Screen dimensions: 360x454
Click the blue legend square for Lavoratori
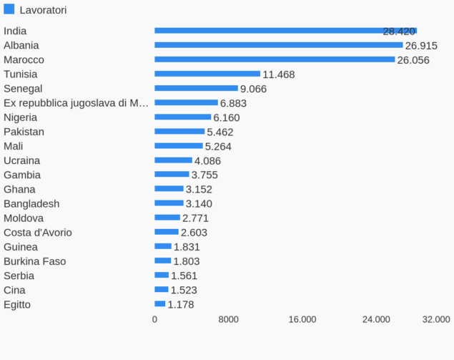9,9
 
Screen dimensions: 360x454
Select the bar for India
285,31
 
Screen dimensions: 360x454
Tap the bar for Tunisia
207,74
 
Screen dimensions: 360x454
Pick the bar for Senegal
196,88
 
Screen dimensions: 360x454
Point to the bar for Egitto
160,304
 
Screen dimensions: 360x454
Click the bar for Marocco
275,59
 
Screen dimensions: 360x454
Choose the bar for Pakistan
179,132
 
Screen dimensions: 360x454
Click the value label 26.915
421,46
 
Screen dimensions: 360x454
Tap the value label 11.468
279,74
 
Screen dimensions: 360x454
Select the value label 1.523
184,291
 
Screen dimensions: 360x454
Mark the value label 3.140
199,204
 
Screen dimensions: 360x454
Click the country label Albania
21,45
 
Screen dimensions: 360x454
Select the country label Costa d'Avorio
38,233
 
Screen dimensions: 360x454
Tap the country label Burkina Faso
35,261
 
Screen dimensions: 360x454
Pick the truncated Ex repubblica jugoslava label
76,103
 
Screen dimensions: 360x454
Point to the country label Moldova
24,218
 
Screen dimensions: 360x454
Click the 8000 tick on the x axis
228,320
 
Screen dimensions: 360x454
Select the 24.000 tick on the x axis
376,320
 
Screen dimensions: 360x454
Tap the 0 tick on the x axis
154,320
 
